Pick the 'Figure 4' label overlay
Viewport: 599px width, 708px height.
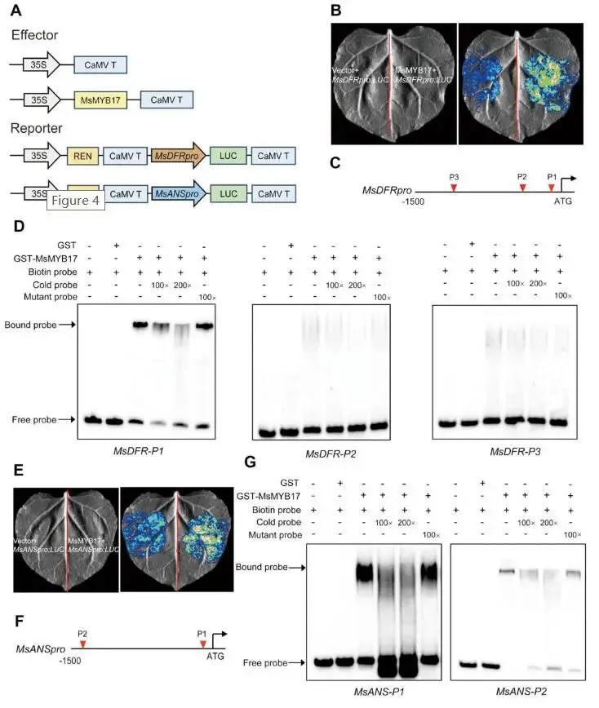tap(76, 200)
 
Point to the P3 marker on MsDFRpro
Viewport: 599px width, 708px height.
tap(454, 188)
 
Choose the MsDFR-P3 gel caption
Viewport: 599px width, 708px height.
tap(515, 451)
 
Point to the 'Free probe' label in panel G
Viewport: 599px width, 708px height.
tap(264, 662)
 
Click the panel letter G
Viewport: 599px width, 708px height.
tap(251, 463)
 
